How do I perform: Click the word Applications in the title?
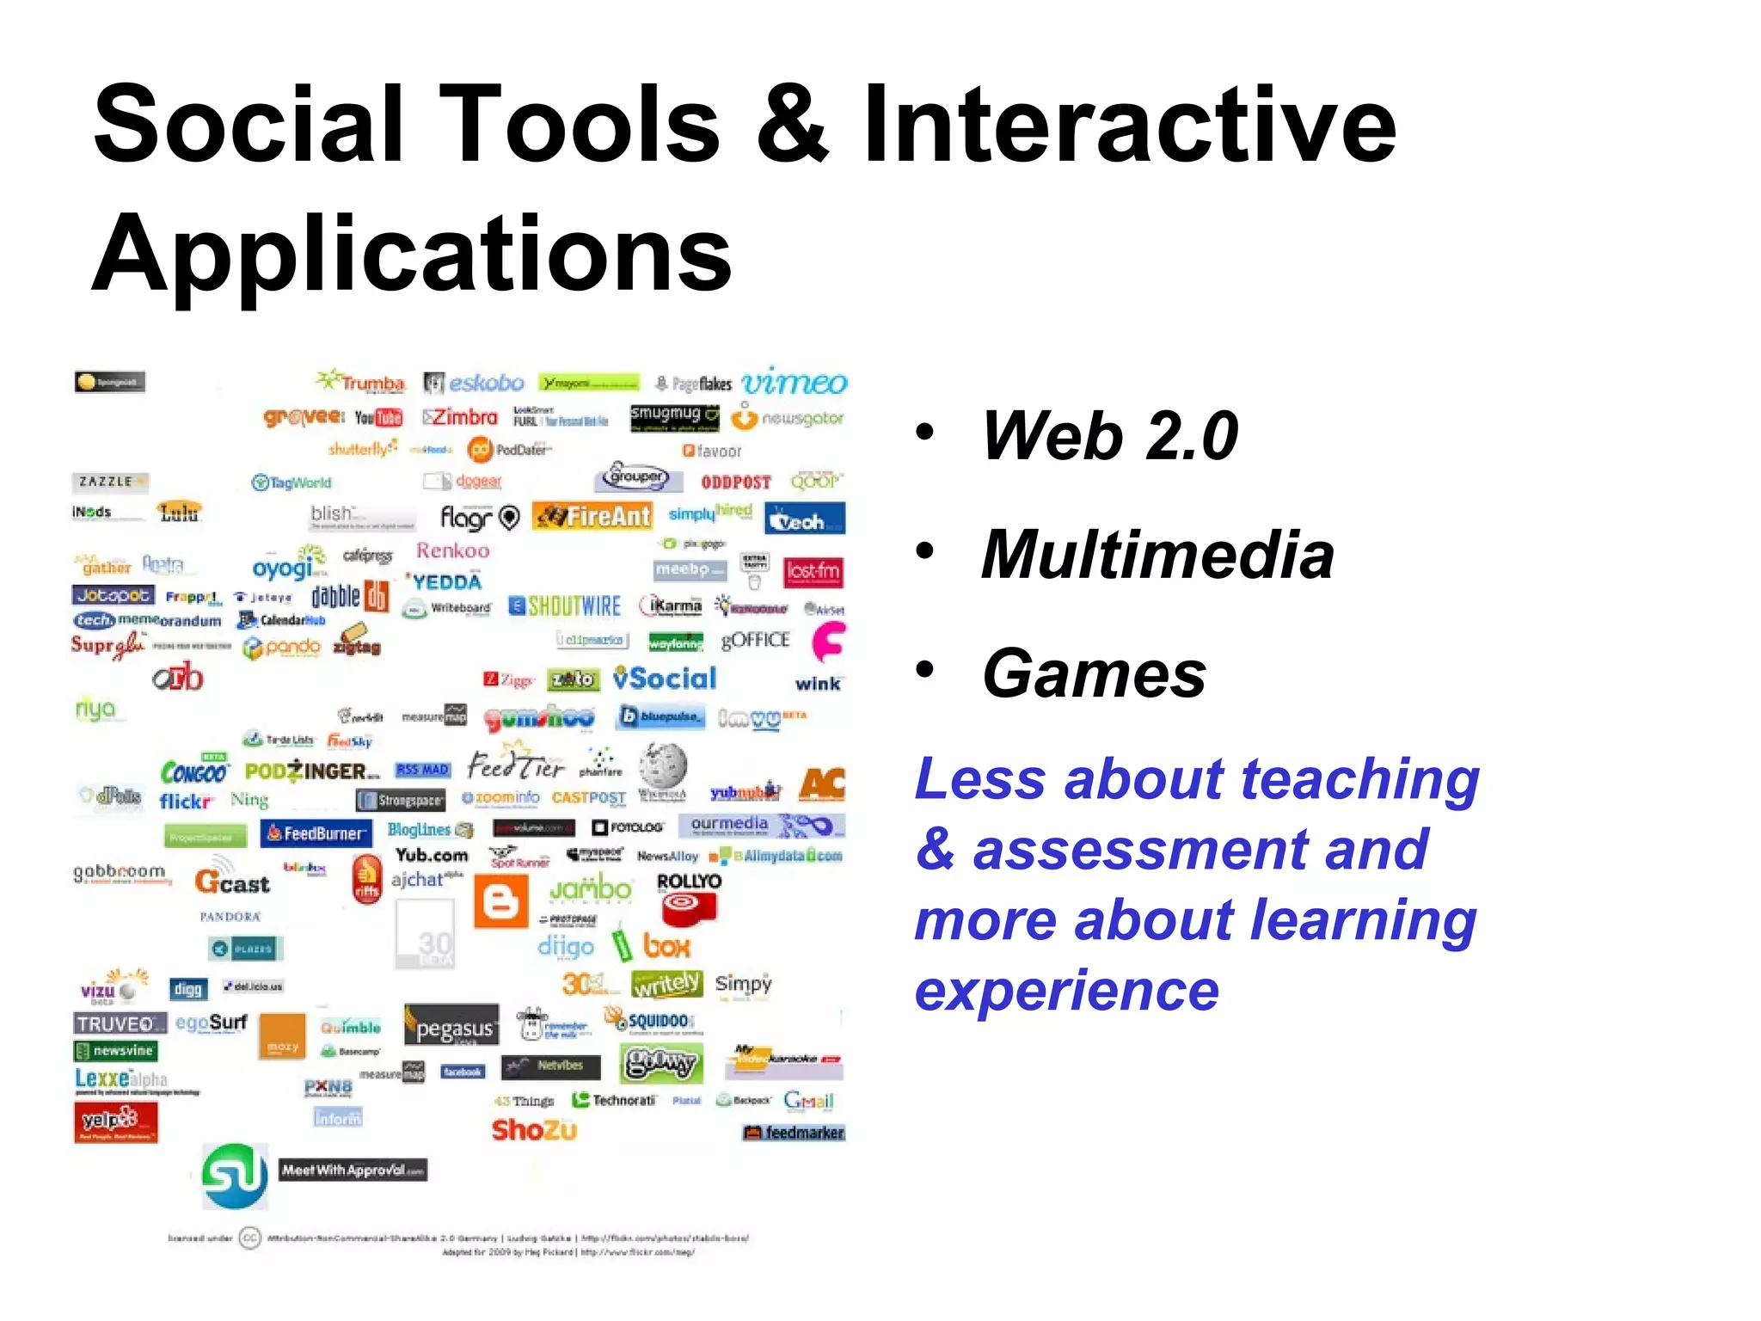point(411,253)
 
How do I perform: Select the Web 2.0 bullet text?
point(1109,435)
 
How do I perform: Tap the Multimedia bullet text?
point(1157,555)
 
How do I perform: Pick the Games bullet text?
point(1094,674)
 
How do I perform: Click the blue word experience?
point(1066,991)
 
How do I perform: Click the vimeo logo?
point(795,382)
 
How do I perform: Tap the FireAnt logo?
point(592,516)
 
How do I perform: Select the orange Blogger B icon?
point(501,901)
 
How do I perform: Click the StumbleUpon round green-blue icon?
point(235,1175)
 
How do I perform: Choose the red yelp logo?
point(115,1121)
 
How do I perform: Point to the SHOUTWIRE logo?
point(565,606)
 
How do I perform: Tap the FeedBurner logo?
point(316,833)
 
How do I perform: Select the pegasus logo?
point(452,1027)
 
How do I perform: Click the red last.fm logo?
point(813,571)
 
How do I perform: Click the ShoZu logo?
point(534,1130)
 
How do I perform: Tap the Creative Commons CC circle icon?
point(249,1238)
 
